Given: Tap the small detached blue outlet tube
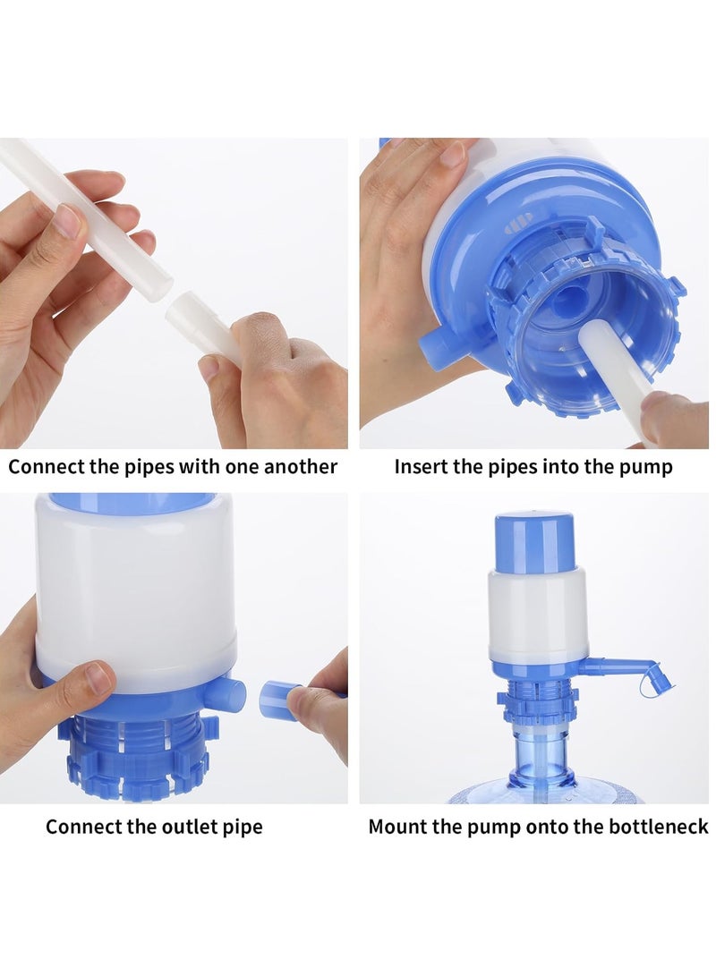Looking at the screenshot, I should pyautogui.click(x=279, y=699).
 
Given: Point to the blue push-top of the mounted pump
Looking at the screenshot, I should pyautogui.click(x=534, y=541).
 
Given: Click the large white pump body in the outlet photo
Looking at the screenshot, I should pyautogui.click(x=134, y=590).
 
